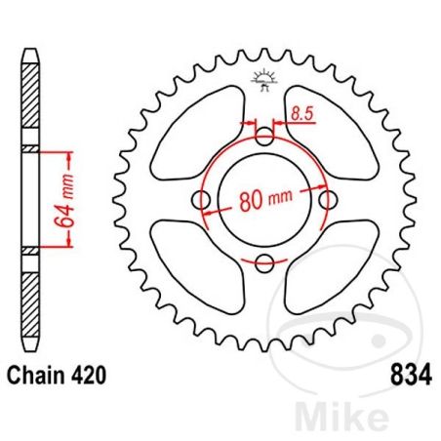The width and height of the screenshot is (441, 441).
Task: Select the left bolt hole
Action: pos(203,200)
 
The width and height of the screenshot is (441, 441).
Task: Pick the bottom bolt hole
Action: pos(264,261)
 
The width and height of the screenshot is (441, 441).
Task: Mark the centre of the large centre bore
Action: pos(264,200)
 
